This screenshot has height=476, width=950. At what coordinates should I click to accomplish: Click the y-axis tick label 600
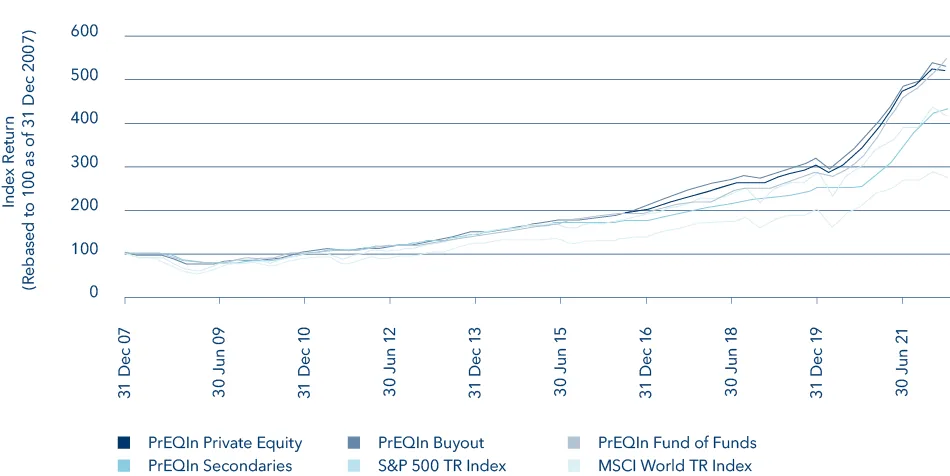pyautogui.click(x=83, y=32)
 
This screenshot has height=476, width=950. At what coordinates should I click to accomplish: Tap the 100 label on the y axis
pyautogui.click(x=83, y=249)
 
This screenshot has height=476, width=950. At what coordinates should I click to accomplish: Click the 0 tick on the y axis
pyautogui.click(x=93, y=293)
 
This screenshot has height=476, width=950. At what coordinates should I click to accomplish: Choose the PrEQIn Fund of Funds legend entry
pyautogui.click(x=677, y=443)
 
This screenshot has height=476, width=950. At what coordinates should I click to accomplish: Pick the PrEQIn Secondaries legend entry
pyautogui.click(x=219, y=465)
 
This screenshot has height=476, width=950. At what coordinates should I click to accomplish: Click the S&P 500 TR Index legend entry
pyautogui.click(x=442, y=465)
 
